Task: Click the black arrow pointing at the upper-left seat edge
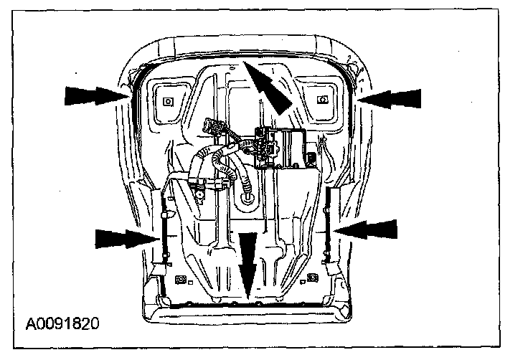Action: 93,94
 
